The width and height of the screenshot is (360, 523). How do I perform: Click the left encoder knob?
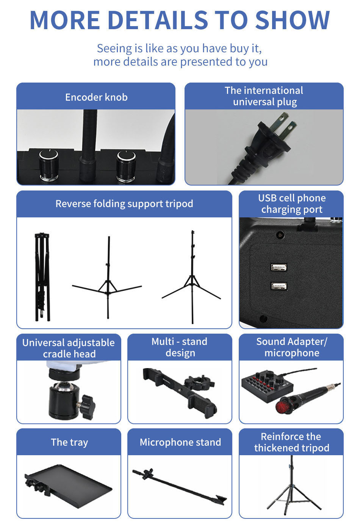click(49, 165)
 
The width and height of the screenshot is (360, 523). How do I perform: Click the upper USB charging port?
click(279, 267)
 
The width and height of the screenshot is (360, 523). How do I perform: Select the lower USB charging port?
click(279, 286)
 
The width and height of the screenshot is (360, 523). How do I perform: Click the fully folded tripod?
click(42, 277)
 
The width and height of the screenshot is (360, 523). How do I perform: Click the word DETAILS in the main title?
click(158, 20)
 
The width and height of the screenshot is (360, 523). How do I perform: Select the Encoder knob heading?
click(96, 97)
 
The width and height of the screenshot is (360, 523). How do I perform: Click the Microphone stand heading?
click(180, 442)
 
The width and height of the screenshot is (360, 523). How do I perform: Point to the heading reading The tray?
click(69, 442)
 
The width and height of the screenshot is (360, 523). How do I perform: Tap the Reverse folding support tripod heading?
click(124, 204)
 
